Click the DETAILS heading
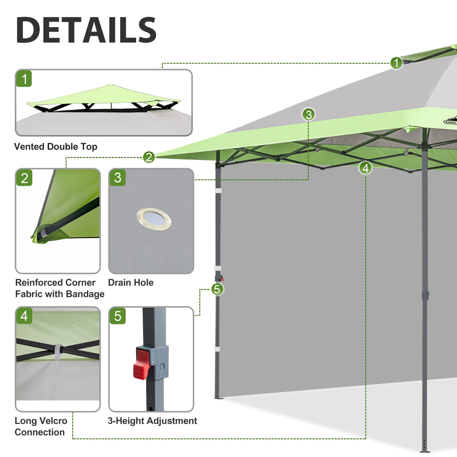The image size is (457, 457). pos(86,30)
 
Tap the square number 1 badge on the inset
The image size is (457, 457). pos(24,79)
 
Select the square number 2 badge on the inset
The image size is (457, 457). pos(24,178)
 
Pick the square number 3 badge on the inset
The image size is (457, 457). pos(117,178)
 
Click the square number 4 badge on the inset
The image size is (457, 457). pos(24,316)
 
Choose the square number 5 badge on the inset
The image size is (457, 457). pos(117,316)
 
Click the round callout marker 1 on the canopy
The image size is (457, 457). pos(396,63)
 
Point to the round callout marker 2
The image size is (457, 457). pos(149,157)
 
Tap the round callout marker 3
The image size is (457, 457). pos(309,114)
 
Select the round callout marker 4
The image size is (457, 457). pos(366,168)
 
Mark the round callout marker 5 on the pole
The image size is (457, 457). pos(217,289)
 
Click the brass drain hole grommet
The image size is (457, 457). pos(154,218)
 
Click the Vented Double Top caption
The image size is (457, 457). pos(56,146)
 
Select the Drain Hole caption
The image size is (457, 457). pos(131,282)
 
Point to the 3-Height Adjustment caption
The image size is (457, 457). pos(152,420)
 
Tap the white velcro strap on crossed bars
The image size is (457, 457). pos(58,352)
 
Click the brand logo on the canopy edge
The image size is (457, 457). pos(450,121)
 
